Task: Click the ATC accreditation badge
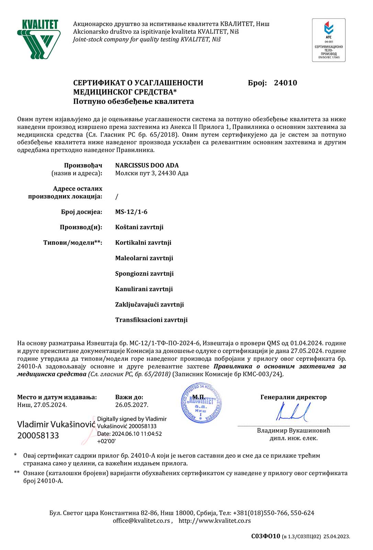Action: (x=329, y=40)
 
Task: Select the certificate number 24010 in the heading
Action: (x=285, y=83)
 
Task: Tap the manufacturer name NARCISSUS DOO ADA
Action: (x=147, y=165)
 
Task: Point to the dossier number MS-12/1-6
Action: (x=131, y=212)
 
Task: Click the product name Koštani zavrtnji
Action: (x=139, y=227)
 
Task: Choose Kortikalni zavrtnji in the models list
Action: (x=143, y=243)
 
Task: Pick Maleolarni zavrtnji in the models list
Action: (x=144, y=258)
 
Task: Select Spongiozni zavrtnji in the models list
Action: (x=144, y=274)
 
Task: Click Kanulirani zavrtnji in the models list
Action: (x=144, y=289)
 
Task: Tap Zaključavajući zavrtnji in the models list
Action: (x=149, y=305)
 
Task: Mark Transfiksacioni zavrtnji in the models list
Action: (x=151, y=320)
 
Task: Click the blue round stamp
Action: (x=201, y=403)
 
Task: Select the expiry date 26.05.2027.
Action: (x=132, y=405)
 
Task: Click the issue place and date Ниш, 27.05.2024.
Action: (x=42, y=405)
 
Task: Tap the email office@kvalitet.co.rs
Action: (x=142, y=521)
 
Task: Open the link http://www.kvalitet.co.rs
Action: (x=215, y=521)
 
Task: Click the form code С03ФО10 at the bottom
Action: (x=265, y=536)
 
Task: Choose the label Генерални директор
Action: (x=293, y=397)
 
